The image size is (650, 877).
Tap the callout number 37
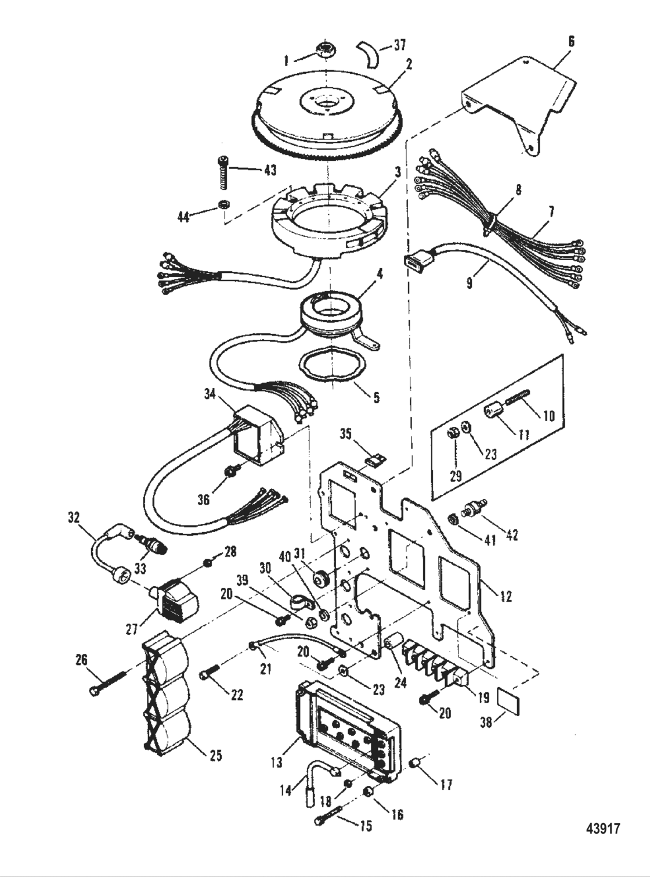[400, 45]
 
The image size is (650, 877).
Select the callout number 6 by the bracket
[571, 41]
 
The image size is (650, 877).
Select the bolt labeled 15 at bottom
[326, 820]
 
